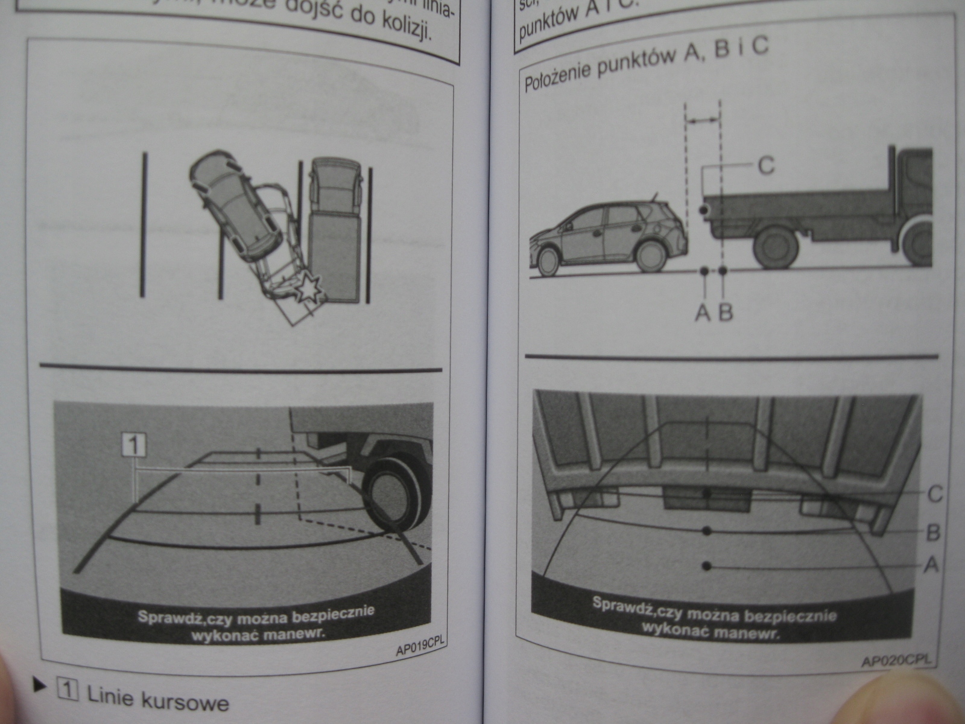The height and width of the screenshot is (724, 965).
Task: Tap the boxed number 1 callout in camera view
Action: (x=134, y=445)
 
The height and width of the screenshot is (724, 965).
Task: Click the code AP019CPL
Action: (x=420, y=648)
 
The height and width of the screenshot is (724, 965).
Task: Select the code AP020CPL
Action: (x=896, y=661)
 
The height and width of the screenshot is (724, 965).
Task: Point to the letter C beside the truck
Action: (x=765, y=165)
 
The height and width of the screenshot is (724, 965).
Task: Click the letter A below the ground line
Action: (x=703, y=313)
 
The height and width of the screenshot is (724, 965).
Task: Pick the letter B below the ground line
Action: (x=726, y=313)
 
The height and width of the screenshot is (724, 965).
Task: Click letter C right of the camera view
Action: (x=934, y=494)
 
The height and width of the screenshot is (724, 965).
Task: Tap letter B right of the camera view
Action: (x=933, y=532)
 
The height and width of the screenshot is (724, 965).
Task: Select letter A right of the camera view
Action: (x=931, y=565)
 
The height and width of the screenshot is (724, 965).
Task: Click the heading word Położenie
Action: (x=559, y=79)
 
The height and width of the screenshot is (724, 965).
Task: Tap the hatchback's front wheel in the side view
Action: (x=549, y=261)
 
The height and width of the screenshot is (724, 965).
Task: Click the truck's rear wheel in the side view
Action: (x=776, y=248)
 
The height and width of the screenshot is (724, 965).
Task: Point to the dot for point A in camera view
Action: (x=707, y=565)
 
